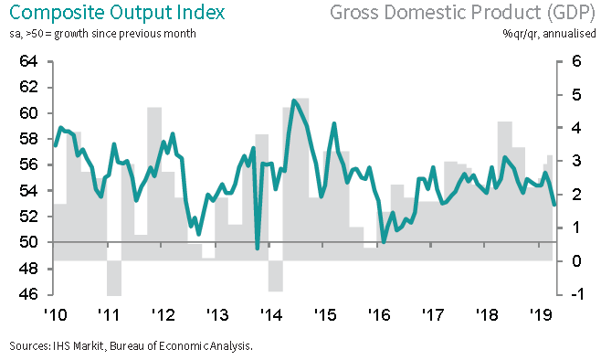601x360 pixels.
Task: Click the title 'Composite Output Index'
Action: pos(117,13)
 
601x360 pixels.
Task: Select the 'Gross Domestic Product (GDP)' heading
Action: pos(462,13)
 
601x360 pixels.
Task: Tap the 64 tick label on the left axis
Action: pos(28,61)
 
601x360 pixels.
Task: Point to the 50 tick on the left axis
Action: pos(28,242)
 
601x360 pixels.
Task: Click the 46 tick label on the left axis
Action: pos(28,294)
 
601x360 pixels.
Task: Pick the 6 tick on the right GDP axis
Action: pos(576,61)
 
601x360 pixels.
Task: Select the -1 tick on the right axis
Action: pos(576,294)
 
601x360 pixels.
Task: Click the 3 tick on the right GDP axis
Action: pos(576,161)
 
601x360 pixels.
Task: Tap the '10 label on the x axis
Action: pos(55,314)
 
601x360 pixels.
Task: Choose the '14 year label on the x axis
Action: pos(271,314)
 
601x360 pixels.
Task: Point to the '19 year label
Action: pos(541,314)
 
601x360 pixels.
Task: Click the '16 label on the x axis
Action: pos(379,314)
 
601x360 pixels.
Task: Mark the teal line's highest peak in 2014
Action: pos(294,101)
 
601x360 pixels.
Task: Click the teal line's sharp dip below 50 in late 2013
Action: pos(258,248)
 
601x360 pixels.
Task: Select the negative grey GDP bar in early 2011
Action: pos(114,279)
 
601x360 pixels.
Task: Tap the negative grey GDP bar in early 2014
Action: pos(276,276)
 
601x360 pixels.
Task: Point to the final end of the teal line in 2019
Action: pos(554,204)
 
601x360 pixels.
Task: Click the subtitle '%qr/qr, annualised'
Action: pos(549,34)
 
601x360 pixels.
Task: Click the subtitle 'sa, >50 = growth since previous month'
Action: pos(102,34)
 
